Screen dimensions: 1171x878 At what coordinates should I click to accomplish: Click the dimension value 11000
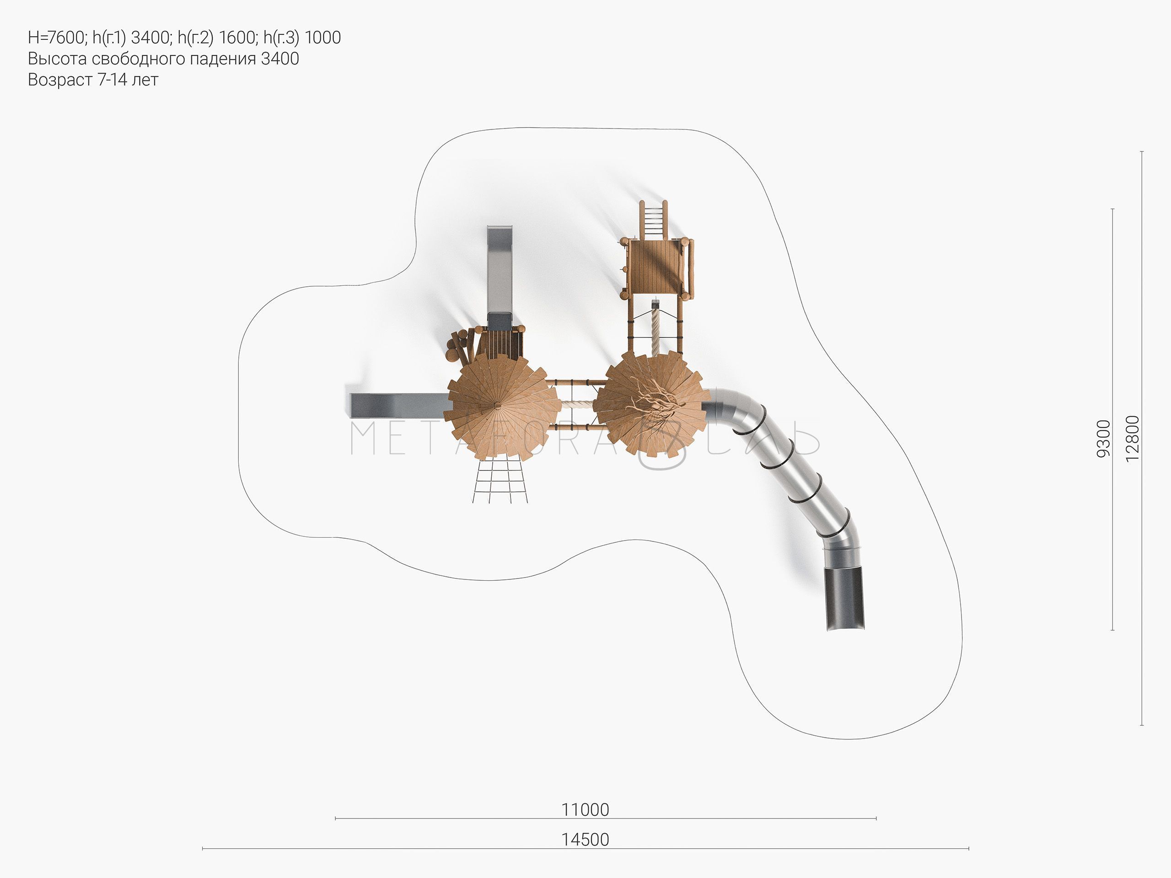[585, 809]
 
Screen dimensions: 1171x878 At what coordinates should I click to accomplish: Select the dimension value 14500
[585, 840]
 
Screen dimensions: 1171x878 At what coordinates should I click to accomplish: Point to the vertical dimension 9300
[1103, 438]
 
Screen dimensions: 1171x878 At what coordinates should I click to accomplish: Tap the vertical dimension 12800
[1133, 438]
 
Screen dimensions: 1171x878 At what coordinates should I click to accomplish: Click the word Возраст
[60, 80]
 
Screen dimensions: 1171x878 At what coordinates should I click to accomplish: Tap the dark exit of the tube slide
[845, 598]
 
